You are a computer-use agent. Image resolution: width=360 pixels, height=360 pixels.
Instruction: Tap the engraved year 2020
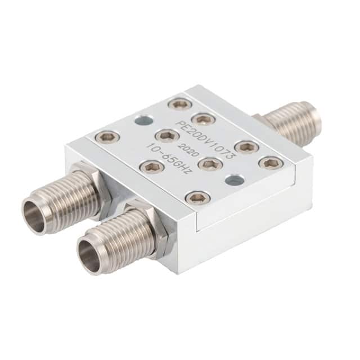click(186, 150)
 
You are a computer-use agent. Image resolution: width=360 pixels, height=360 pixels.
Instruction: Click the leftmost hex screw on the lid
click(108, 138)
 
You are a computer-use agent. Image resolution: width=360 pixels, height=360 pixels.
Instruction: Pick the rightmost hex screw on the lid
click(271, 164)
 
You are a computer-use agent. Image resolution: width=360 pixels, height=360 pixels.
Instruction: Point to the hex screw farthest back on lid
click(181, 104)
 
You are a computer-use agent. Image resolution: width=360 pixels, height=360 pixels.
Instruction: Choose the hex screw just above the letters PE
click(204, 119)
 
